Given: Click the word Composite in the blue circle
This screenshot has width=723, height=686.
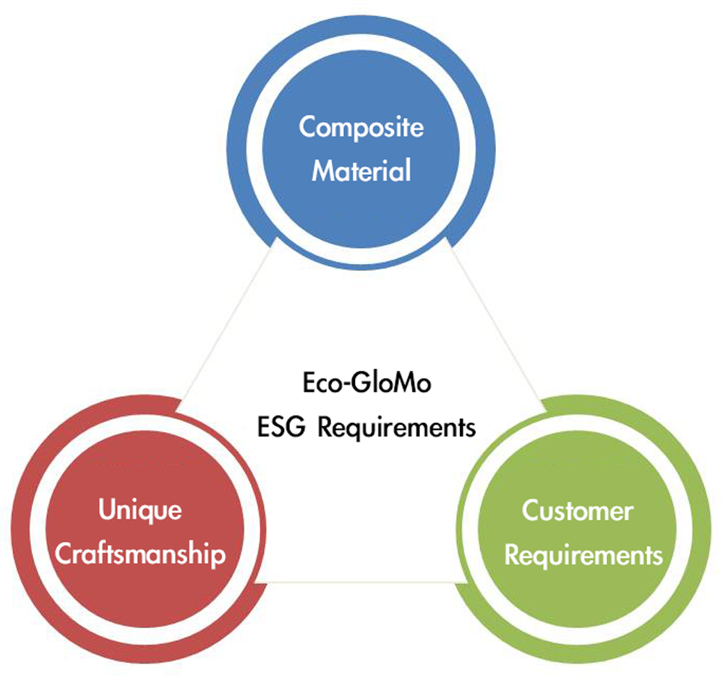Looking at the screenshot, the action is click(x=361, y=127).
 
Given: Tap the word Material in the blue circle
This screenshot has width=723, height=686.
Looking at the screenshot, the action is click(x=361, y=171).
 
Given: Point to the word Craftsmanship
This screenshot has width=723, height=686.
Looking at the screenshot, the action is click(x=140, y=554).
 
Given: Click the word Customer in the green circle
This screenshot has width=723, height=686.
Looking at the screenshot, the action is click(x=578, y=511).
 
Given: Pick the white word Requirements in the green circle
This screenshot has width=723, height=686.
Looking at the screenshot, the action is click(x=583, y=556).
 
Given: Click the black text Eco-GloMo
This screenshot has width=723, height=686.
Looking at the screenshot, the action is click(x=367, y=382).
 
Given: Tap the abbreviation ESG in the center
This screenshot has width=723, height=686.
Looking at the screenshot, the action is click(x=281, y=426).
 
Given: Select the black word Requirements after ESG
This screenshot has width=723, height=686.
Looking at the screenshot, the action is click(x=397, y=428).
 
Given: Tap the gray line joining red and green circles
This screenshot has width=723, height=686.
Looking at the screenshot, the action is click(x=361, y=583).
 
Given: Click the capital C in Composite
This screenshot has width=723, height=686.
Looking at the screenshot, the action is click(x=307, y=127).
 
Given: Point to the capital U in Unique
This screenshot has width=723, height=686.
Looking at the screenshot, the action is click(x=107, y=510).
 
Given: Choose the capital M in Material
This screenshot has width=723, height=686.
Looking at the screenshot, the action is click(x=325, y=171).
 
